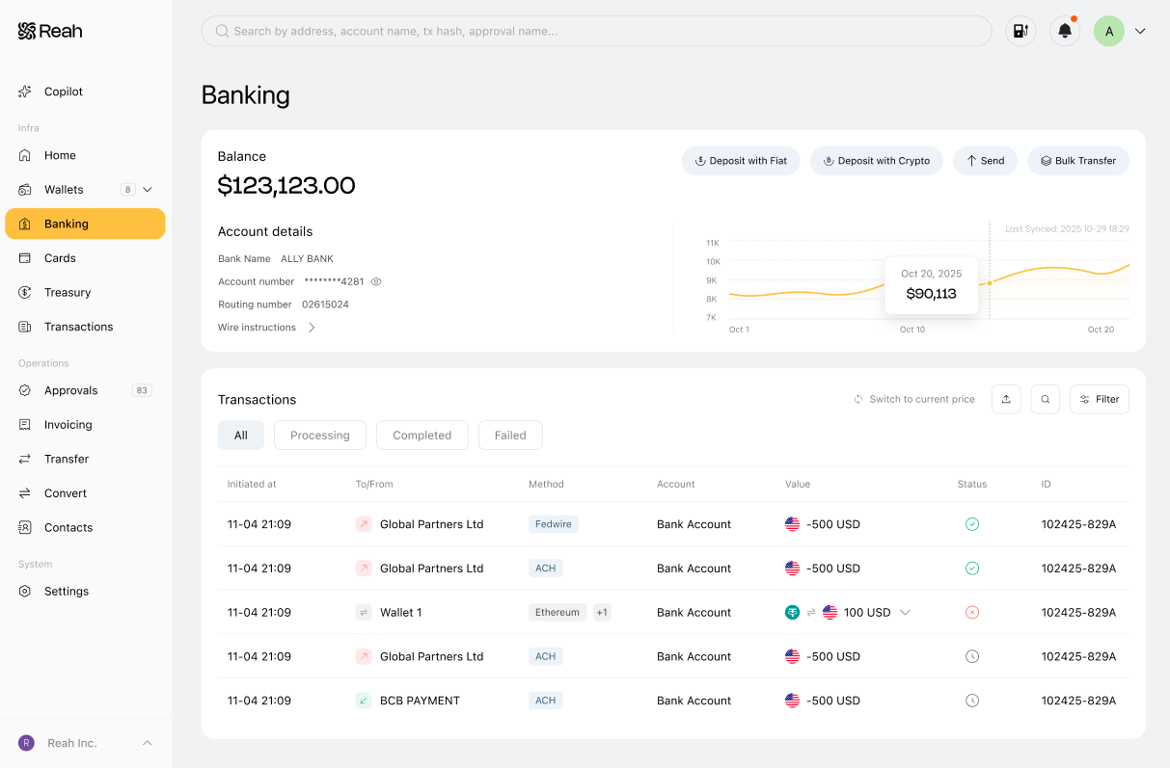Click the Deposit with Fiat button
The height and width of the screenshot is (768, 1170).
click(741, 161)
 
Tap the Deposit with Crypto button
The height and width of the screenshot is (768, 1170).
click(876, 161)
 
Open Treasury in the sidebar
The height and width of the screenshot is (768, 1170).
click(68, 292)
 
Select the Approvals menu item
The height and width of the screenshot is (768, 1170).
click(70, 390)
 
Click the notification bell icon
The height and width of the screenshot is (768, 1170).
click(1065, 31)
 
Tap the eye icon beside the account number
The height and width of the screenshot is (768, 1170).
click(376, 281)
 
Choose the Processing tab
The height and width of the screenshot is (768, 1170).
click(319, 436)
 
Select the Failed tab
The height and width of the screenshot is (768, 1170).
click(510, 436)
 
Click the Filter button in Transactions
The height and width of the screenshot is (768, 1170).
click(1100, 399)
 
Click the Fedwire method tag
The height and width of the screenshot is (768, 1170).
click(553, 524)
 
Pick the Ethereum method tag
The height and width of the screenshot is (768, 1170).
click(558, 612)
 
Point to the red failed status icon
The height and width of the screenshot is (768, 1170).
click(972, 612)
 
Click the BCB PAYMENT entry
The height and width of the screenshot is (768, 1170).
click(420, 701)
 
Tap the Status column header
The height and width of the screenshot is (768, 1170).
click(972, 484)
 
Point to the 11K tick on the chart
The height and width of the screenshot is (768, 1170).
click(713, 243)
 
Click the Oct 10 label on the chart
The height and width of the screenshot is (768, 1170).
click(912, 330)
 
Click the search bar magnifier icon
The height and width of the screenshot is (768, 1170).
click(222, 31)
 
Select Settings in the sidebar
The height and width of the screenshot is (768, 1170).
click(67, 591)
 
